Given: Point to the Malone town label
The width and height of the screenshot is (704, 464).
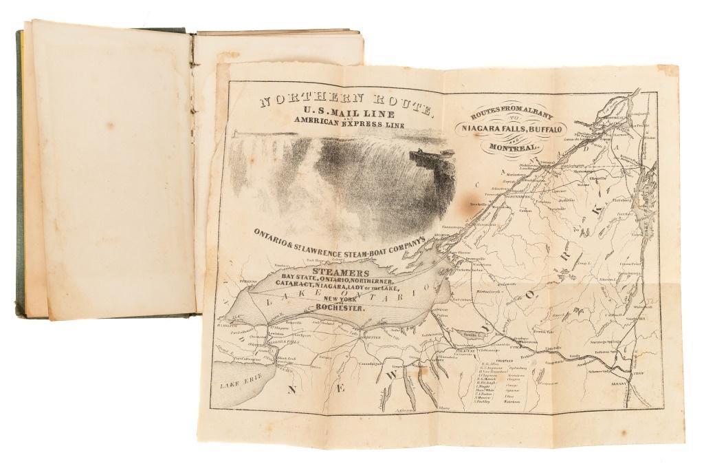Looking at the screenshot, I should click(586, 184).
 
